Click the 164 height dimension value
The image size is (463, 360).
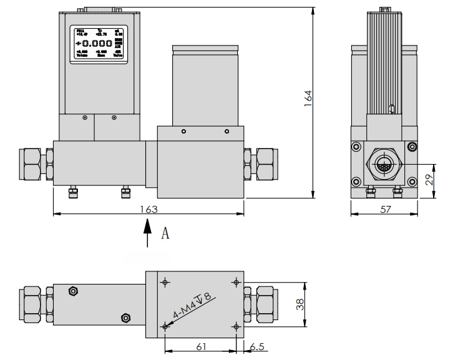point(308,99)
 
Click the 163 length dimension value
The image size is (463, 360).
point(149,208)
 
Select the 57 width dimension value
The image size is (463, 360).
point(385,209)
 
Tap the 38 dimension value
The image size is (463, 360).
point(300,304)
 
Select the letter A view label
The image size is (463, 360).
point(165,233)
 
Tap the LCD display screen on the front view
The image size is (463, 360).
point(99,44)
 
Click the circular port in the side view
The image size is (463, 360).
point(384,165)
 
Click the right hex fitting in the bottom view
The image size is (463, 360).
point(262,304)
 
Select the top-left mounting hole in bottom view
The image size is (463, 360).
point(165,282)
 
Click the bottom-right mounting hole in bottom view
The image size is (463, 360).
point(235,326)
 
